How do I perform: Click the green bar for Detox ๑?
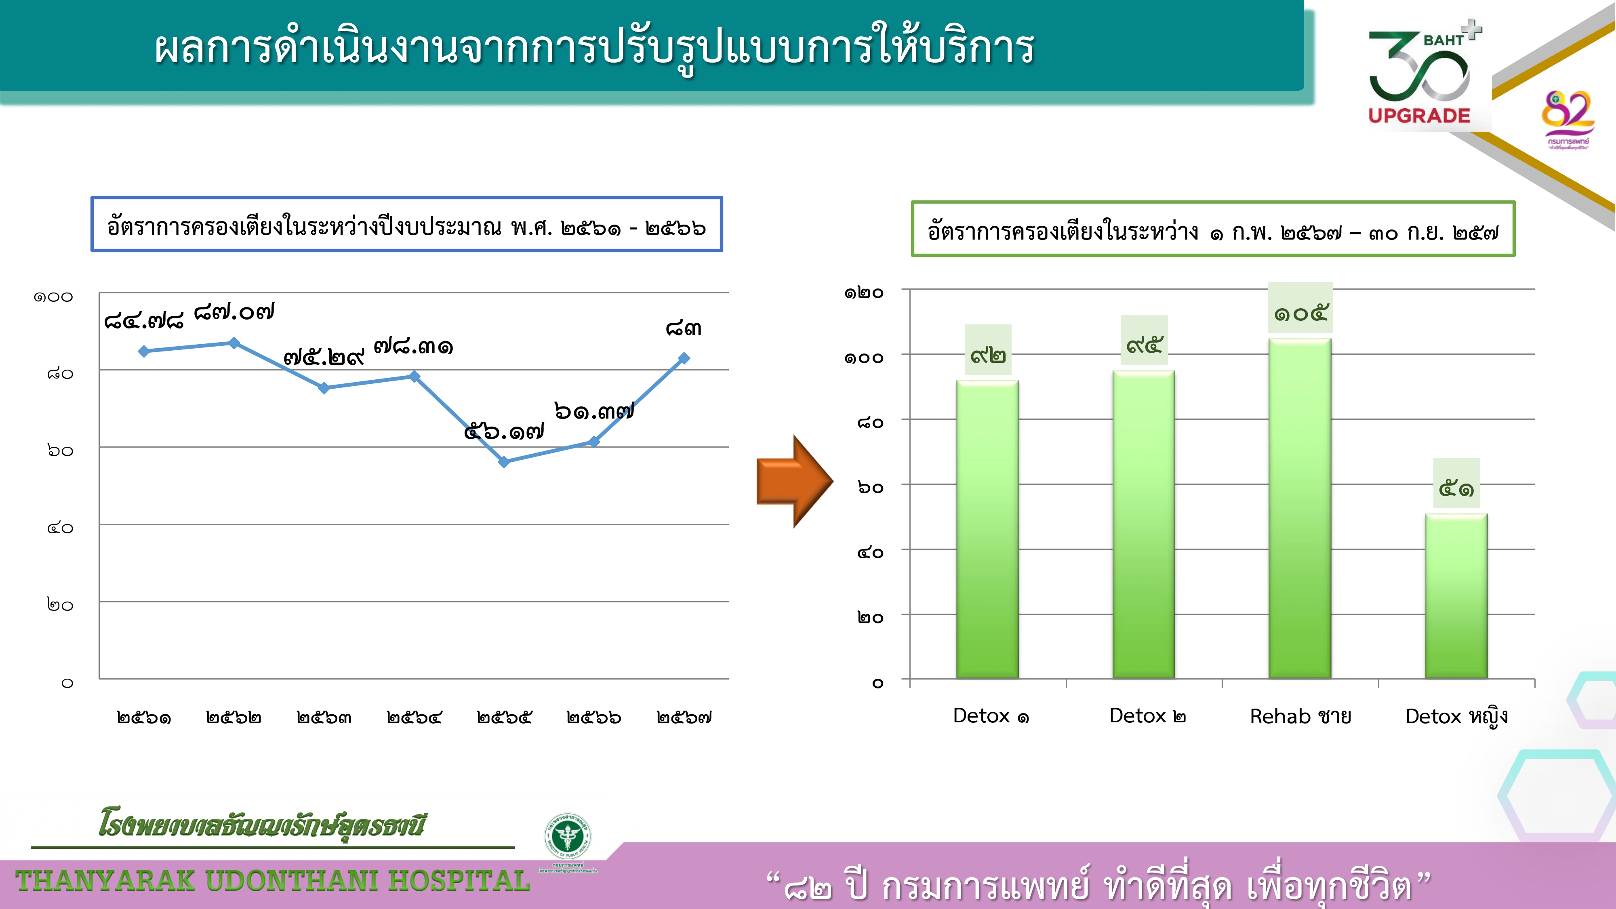[987, 529]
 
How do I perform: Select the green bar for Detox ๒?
[1144, 524]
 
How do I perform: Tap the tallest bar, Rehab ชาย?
[1300, 508]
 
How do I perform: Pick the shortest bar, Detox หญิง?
[1456, 596]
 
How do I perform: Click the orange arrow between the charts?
[795, 481]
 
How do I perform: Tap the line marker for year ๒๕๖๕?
[504, 462]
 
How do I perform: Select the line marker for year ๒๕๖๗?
[684, 358]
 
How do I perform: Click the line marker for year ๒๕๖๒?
[234, 343]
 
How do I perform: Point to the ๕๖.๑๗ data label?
[504, 431]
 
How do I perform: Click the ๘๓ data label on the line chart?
[684, 328]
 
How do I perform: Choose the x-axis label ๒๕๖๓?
[324, 717]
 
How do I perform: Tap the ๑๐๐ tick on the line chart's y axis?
[53, 297]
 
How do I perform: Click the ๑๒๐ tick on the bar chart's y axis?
[864, 292]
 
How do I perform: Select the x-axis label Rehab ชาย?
[1300, 716]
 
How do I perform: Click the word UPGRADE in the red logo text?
[1419, 116]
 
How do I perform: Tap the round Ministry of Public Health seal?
[567, 835]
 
